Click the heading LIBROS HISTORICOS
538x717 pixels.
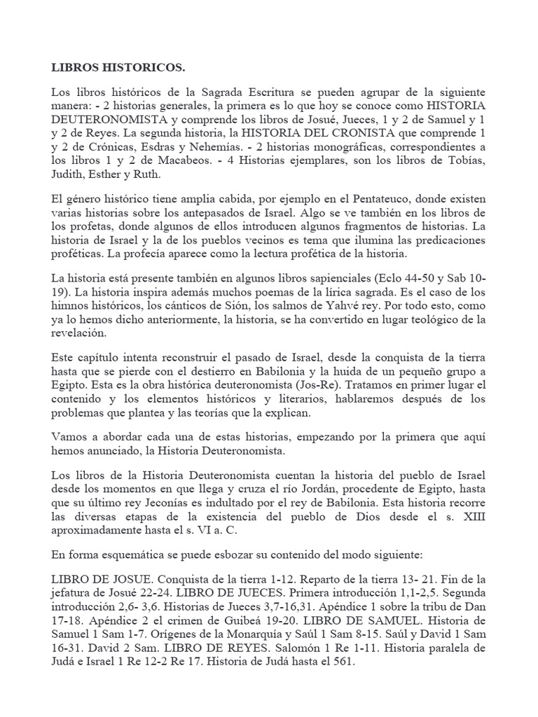[x=119, y=68]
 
